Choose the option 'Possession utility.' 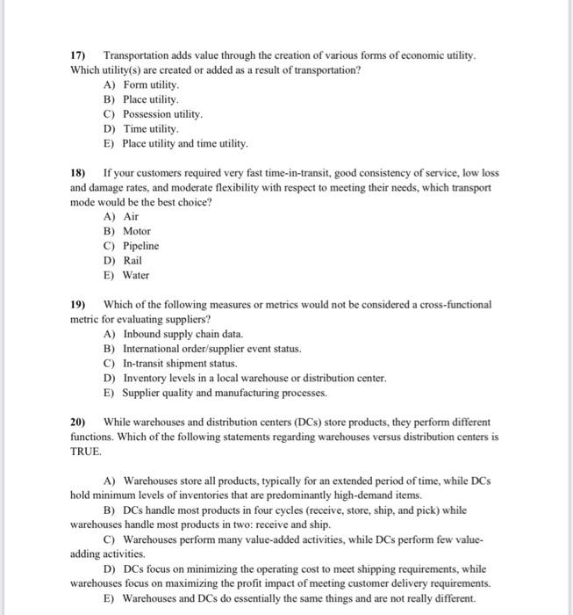coord(162,114)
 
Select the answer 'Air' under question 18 coord(131,216)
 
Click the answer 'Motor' coord(136,231)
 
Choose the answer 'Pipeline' coord(140,246)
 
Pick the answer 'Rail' coord(132,260)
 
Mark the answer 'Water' coord(136,275)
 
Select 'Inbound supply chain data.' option coord(183,334)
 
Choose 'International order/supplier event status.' coord(211,349)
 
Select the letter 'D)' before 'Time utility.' coord(109,129)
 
